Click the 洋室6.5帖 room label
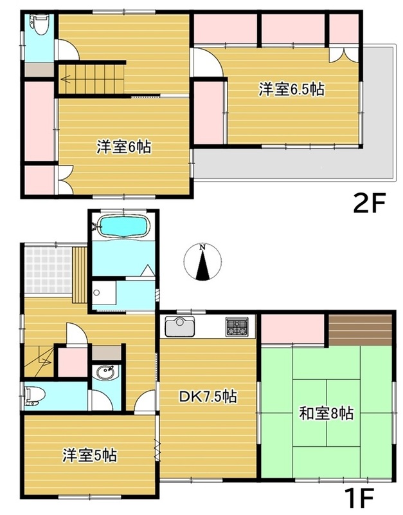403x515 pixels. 292,89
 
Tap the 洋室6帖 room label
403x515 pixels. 123,147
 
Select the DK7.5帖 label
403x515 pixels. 207,397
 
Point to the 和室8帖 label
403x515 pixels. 326,413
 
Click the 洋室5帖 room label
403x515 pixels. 89,456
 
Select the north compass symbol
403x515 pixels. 203,263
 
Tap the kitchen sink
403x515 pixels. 180,326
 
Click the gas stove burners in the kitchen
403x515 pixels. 237,327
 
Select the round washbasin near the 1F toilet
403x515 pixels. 106,373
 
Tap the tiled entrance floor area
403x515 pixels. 48,270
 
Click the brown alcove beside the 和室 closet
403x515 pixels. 361,330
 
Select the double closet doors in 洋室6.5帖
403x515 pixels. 344,55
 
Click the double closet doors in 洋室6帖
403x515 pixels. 66,180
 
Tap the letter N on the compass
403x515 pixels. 203,247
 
